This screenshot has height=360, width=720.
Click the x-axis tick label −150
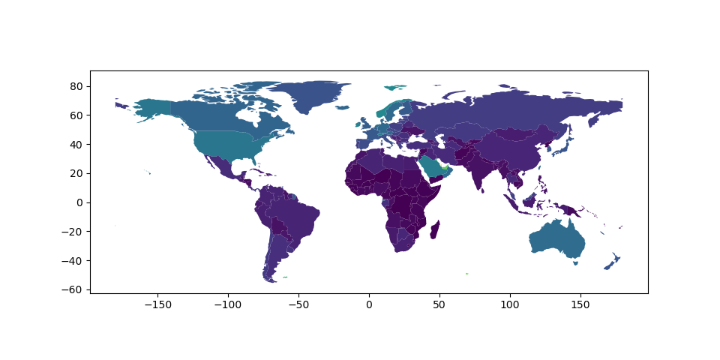tap(157, 304)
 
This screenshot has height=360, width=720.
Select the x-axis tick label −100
tap(228, 304)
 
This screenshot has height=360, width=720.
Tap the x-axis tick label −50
tap(298, 304)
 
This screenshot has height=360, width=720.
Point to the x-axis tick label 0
tap(369, 304)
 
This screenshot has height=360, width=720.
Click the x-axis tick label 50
tap(439, 304)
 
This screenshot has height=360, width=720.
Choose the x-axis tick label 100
tap(510, 304)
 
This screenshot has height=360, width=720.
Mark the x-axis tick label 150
tap(580, 304)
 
